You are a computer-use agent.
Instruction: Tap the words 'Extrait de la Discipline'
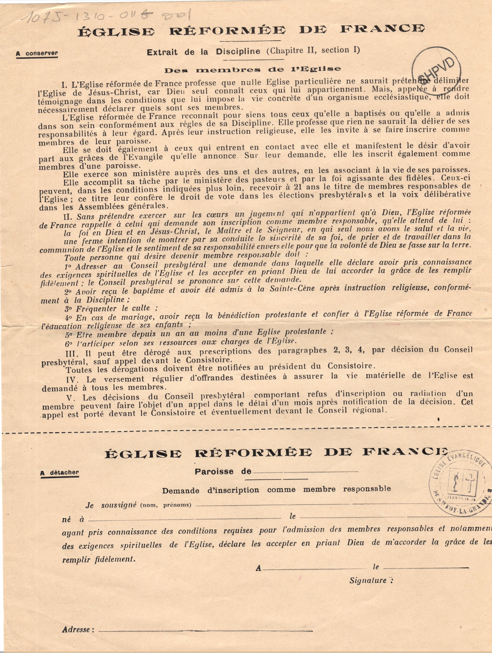point(204,52)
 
